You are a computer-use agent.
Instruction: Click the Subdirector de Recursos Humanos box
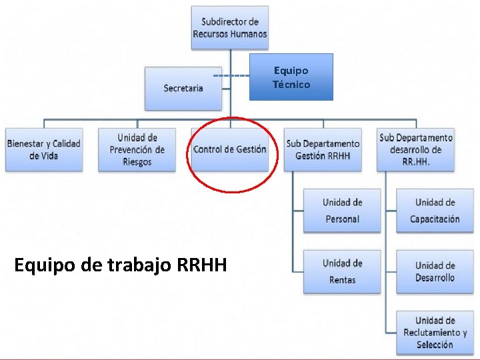pyautogui.click(x=229, y=27)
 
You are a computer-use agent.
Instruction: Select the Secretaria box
pyautogui.click(x=183, y=88)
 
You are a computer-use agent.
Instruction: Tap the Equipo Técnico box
pyautogui.click(x=291, y=77)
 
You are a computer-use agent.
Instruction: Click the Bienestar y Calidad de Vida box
pyautogui.click(x=44, y=149)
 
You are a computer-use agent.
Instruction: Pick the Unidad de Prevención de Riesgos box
pyautogui.click(x=137, y=149)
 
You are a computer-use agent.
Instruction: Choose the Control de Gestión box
pyautogui.click(x=229, y=149)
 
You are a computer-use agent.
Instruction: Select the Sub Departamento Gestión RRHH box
pyautogui.click(x=323, y=149)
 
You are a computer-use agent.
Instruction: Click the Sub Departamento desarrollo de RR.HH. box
pyautogui.click(x=415, y=149)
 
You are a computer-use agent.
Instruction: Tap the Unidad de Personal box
pyautogui.click(x=342, y=211)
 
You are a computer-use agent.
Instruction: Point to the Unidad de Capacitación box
pyautogui.click(x=435, y=211)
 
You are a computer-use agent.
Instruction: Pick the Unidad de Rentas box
pyautogui.click(x=342, y=271)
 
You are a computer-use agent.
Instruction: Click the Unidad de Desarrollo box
pyautogui.click(x=435, y=271)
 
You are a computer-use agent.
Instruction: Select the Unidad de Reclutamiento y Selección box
pyautogui.click(x=435, y=332)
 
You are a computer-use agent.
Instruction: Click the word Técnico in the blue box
pyautogui.click(x=291, y=85)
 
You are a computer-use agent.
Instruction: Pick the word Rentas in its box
pyautogui.click(x=342, y=280)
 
